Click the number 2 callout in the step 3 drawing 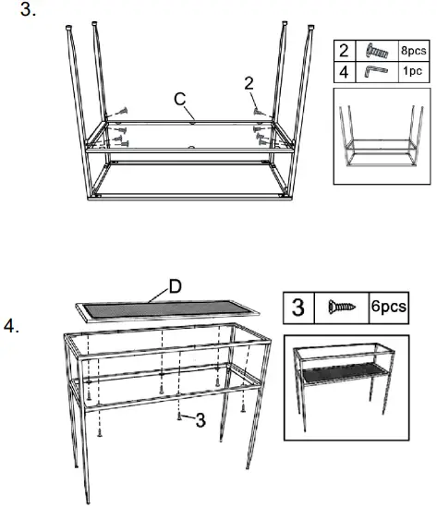249,84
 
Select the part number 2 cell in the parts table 345,51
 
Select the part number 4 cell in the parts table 345,71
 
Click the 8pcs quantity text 413,51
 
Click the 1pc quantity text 413,71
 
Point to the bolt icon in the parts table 379,51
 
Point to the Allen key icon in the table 379,71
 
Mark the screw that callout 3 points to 178,415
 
